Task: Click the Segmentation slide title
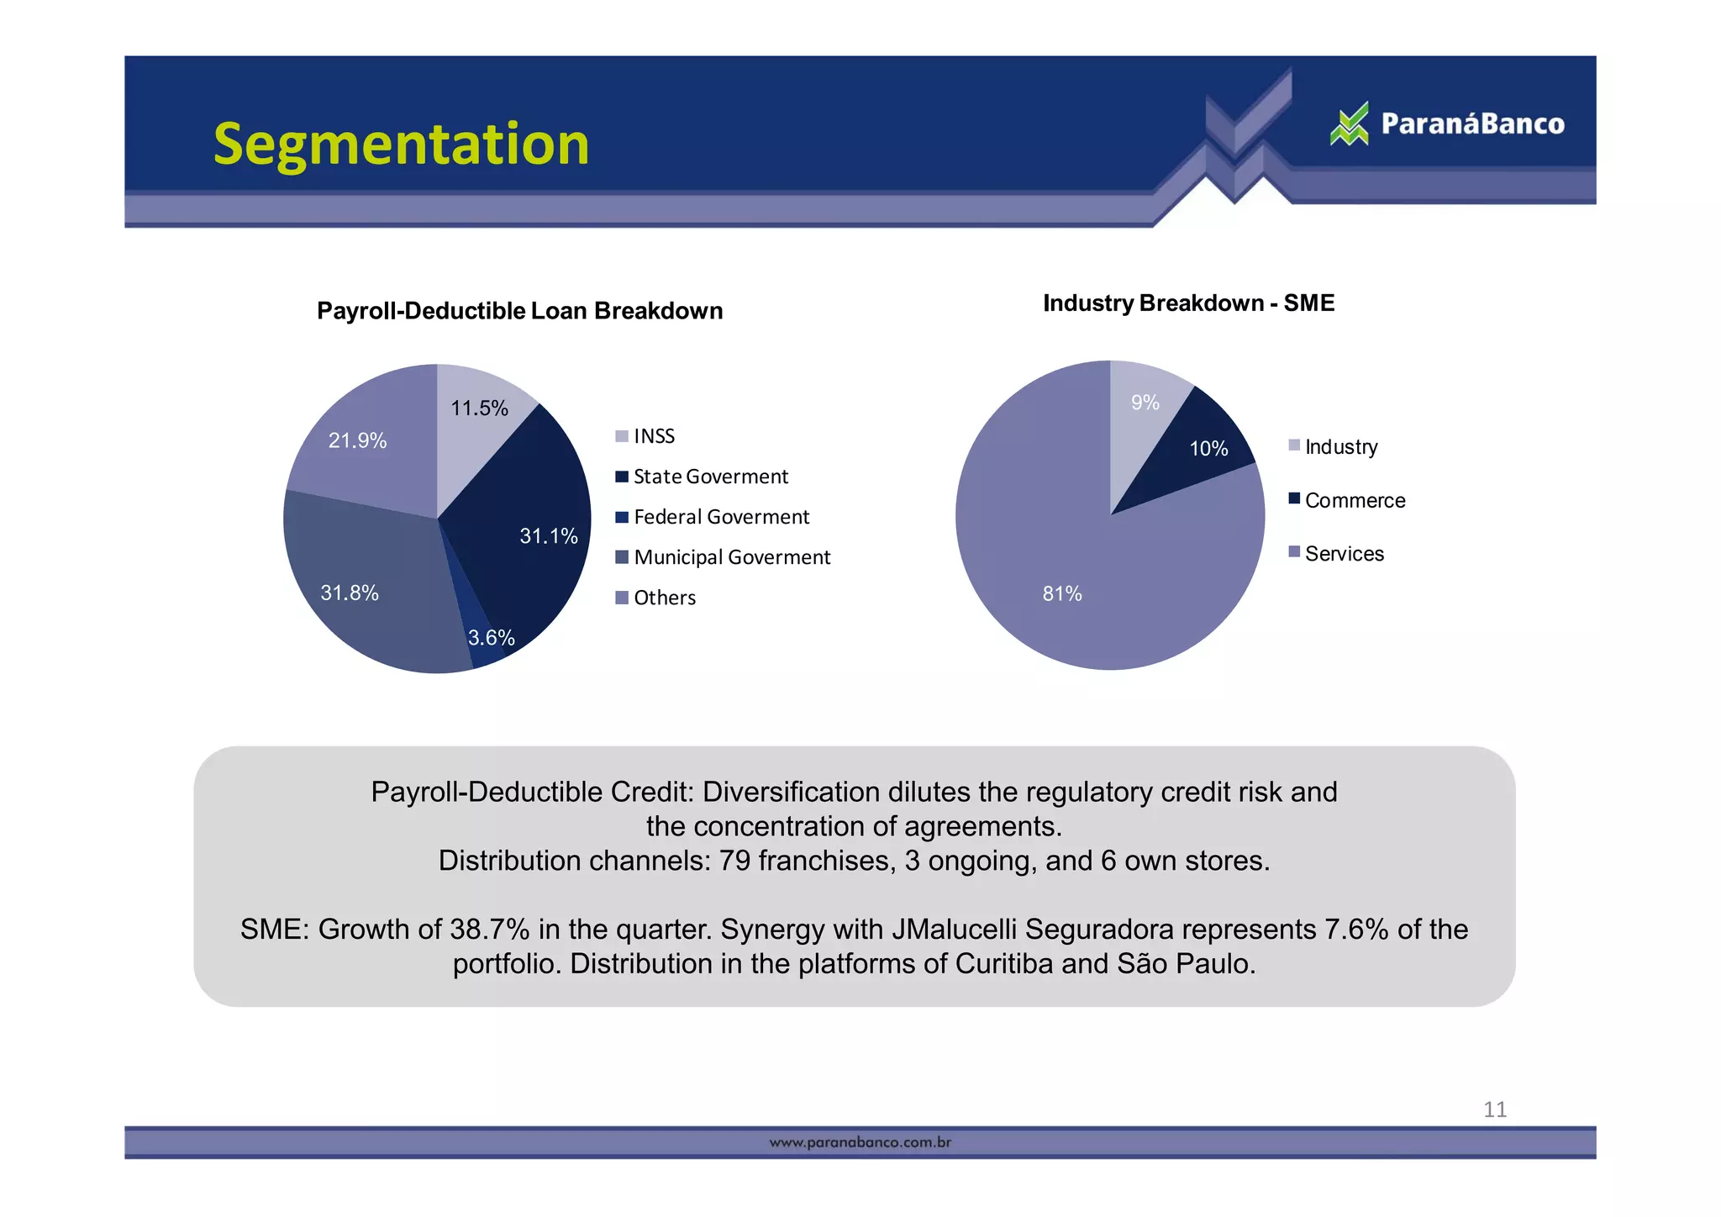401,144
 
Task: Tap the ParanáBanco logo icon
1350,124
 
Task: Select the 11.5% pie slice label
479,408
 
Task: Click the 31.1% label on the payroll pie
548,536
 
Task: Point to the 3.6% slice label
491,638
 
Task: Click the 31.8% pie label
350,593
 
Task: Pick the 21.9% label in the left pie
357,440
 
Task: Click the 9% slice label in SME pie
1145,403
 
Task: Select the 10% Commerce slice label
1208,449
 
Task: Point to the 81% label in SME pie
1062,594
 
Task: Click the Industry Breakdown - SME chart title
1188,303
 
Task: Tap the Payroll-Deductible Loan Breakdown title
519,311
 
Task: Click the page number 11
1494,1110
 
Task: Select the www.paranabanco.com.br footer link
860,1143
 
